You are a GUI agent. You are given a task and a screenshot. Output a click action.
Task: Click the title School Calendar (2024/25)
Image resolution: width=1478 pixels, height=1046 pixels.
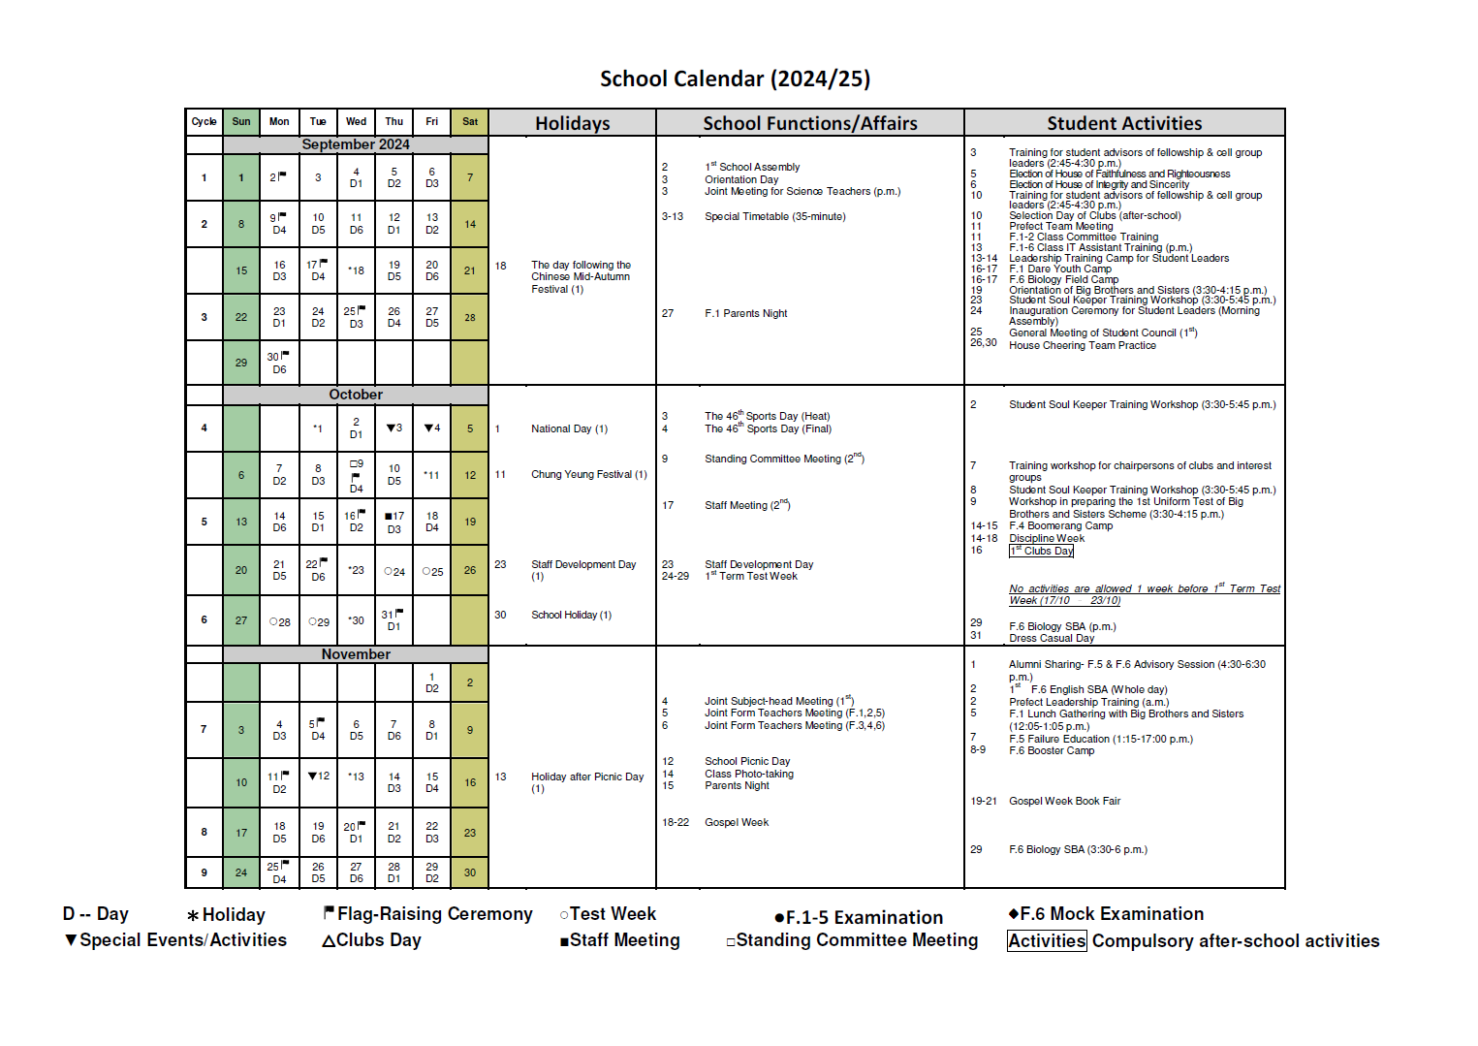tap(735, 79)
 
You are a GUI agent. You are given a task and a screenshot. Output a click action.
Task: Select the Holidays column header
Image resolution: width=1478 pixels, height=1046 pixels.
tap(572, 123)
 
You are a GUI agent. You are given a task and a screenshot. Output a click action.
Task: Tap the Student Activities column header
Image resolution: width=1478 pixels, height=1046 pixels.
tap(1124, 123)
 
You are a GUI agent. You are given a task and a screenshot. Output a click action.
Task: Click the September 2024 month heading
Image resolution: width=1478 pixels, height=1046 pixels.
tap(355, 144)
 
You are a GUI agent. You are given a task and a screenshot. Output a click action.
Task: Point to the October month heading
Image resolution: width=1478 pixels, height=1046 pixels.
tap(355, 395)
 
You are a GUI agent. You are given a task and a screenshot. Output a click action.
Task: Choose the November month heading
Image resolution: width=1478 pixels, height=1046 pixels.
tap(355, 654)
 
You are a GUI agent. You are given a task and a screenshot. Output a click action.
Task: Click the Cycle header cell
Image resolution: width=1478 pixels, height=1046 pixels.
tap(204, 122)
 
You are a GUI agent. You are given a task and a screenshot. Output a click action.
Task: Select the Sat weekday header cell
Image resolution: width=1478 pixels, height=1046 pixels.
tap(470, 122)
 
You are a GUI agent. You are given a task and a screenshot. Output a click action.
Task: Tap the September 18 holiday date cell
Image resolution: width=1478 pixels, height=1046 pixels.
tap(357, 270)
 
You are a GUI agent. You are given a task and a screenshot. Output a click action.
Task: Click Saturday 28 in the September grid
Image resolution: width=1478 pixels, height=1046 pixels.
tap(470, 317)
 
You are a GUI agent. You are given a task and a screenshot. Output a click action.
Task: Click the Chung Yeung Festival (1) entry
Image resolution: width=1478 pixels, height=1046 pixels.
tap(588, 474)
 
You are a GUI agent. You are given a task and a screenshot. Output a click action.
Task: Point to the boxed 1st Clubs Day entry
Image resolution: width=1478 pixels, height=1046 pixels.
tap(1041, 551)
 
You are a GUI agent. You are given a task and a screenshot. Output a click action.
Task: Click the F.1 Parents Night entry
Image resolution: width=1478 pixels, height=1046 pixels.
tap(745, 313)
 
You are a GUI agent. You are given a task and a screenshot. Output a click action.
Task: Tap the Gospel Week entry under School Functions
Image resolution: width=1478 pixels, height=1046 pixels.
tap(736, 822)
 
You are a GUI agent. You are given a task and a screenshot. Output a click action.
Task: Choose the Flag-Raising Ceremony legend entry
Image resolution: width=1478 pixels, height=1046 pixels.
tap(427, 914)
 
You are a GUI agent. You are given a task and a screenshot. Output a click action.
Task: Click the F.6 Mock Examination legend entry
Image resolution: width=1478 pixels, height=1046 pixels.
tap(1106, 914)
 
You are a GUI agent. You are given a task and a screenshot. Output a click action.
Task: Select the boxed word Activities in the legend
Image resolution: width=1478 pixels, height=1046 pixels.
tap(1047, 941)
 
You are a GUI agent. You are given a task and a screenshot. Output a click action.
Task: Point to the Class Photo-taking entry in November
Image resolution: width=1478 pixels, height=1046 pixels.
tap(748, 774)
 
